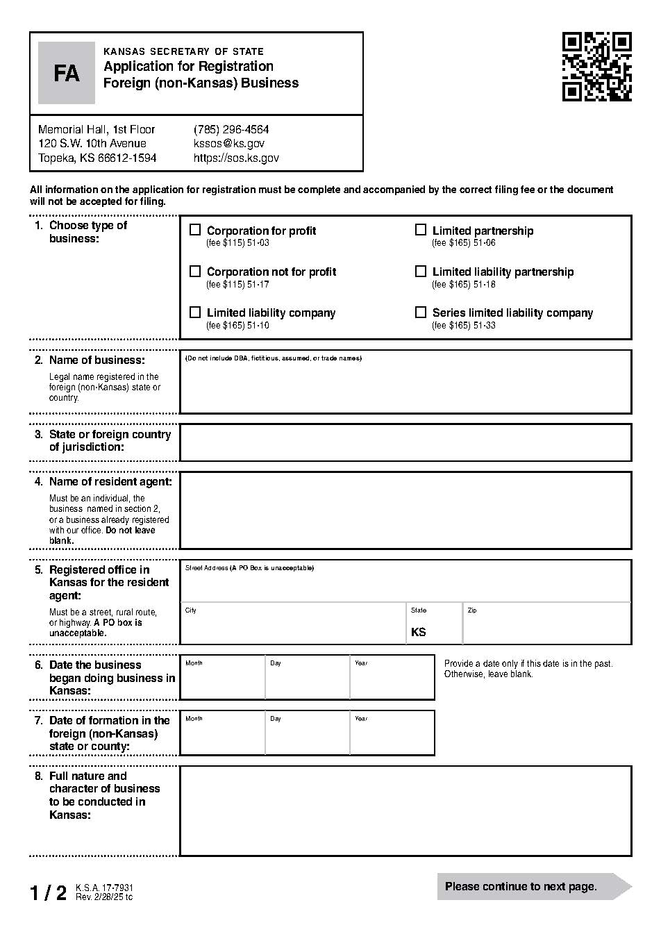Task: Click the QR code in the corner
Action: coord(596,67)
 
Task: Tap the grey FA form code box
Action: coord(67,73)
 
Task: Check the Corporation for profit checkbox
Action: coord(195,230)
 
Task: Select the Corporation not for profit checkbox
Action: coord(195,272)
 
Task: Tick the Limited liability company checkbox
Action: coord(195,313)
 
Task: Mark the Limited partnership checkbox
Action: coord(421,230)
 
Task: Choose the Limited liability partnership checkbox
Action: coord(421,272)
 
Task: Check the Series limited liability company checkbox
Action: coord(421,313)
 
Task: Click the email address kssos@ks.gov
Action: coord(228,144)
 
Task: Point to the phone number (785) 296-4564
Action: coord(231,130)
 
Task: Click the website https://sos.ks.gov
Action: coord(236,158)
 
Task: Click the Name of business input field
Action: coord(405,385)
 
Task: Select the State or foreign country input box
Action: coord(405,442)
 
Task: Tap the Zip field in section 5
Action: coord(546,627)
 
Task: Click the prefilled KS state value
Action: coord(419,632)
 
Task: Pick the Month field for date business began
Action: coord(222,681)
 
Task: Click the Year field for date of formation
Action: coord(392,737)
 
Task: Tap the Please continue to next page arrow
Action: coord(533,886)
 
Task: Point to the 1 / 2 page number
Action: coord(49,892)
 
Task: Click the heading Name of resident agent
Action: coord(110,481)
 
